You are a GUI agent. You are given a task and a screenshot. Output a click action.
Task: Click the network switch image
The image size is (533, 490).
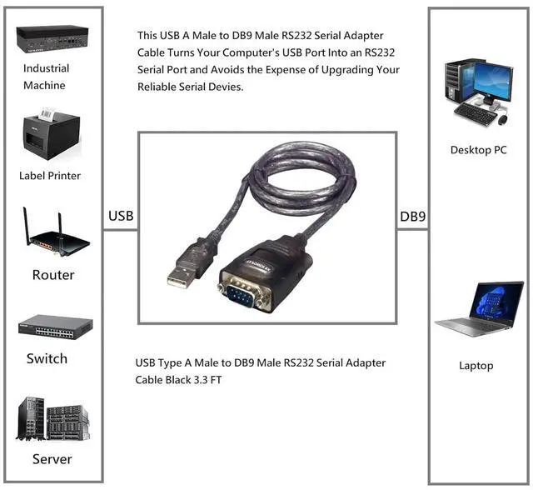[56, 326]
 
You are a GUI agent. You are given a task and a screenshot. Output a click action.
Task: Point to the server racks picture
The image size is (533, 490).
[53, 418]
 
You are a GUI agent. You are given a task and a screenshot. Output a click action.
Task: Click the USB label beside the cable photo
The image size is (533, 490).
[120, 217]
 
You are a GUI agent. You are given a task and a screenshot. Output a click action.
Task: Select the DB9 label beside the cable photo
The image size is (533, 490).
[413, 217]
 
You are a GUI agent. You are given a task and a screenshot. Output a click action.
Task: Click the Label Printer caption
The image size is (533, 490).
[50, 176]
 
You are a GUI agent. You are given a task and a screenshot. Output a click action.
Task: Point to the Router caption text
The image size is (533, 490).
[53, 275]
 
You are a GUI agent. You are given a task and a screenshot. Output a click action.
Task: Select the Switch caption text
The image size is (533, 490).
[47, 359]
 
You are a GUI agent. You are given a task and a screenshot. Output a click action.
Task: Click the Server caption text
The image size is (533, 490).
[52, 459]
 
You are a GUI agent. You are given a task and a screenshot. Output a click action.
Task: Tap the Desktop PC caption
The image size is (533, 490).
[478, 150]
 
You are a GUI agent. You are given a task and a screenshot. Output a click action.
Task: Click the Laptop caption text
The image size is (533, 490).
[476, 366]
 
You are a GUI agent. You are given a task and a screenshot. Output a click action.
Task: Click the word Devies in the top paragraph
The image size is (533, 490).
[227, 87]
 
